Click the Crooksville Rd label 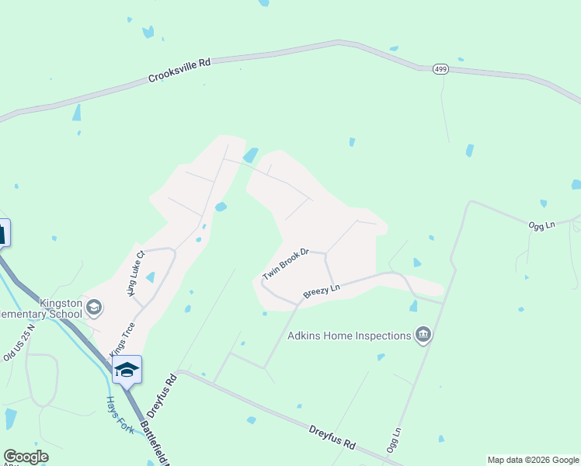(x=179, y=72)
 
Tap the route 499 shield (x=440, y=69)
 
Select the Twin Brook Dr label (x=286, y=264)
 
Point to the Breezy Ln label (x=322, y=290)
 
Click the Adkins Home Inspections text (x=349, y=336)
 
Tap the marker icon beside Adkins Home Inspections (x=423, y=336)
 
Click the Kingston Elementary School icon (x=94, y=308)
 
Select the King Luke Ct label (x=136, y=273)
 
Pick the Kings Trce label (x=122, y=339)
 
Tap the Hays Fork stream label (x=120, y=415)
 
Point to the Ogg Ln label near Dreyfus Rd (x=393, y=440)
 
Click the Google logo (x=26, y=457)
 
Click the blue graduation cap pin (x=127, y=370)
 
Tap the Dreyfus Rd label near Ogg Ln (x=332, y=437)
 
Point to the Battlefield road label (x=155, y=443)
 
